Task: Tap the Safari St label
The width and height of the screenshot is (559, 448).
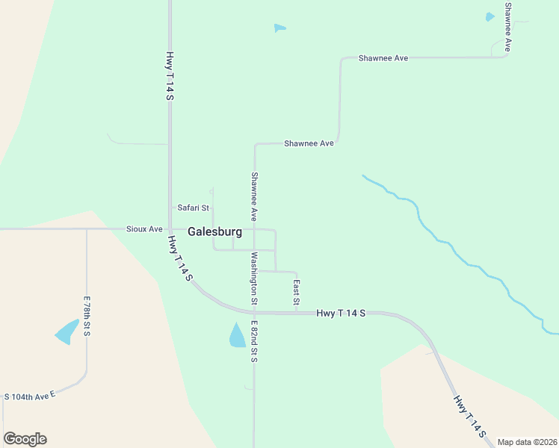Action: tap(193, 208)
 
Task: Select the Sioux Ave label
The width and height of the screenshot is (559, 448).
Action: tap(144, 229)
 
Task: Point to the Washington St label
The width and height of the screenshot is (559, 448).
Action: tap(254, 279)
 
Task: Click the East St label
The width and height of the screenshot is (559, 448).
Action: tap(296, 292)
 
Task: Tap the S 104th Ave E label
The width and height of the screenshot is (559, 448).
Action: tap(30, 396)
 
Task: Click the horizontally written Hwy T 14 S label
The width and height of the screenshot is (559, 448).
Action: tap(340, 314)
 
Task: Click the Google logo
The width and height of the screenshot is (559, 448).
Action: tap(25, 439)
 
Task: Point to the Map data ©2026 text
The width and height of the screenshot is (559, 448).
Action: tap(527, 442)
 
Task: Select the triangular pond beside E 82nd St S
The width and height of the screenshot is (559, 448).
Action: tap(237, 336)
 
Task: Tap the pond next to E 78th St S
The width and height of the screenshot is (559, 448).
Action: tap(67, 332)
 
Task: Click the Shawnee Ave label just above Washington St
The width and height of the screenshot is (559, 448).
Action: tap(254, 196)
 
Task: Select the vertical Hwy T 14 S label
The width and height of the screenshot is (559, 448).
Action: tap(170, 75)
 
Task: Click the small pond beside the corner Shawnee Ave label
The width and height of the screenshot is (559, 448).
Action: tap(490, 16)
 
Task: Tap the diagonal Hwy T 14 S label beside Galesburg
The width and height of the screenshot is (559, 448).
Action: tap(180, 259)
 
